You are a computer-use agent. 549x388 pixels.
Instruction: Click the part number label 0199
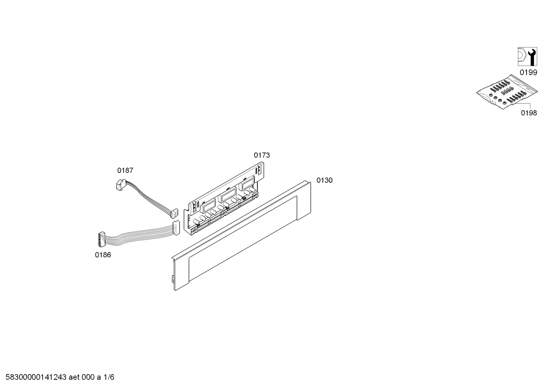528,72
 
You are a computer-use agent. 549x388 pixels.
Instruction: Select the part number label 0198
529,113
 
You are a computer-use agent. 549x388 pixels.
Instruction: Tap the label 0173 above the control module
262,155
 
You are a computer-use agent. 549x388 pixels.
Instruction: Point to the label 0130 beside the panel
324,180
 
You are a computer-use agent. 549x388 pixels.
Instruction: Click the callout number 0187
125,170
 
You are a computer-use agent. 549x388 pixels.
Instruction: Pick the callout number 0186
103,255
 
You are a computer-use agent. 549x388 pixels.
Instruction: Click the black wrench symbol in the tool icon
532,57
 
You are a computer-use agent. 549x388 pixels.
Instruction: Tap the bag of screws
507,92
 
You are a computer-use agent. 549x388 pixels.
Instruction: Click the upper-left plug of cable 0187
120,184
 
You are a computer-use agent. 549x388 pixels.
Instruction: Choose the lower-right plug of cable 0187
174,214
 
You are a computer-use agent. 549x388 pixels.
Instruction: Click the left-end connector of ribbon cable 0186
102,239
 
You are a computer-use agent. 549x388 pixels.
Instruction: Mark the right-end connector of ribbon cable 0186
176,228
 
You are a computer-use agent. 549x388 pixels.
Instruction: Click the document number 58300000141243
36,377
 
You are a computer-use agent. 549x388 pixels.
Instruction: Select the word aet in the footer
74,377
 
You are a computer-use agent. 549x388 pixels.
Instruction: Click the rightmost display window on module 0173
247,183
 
